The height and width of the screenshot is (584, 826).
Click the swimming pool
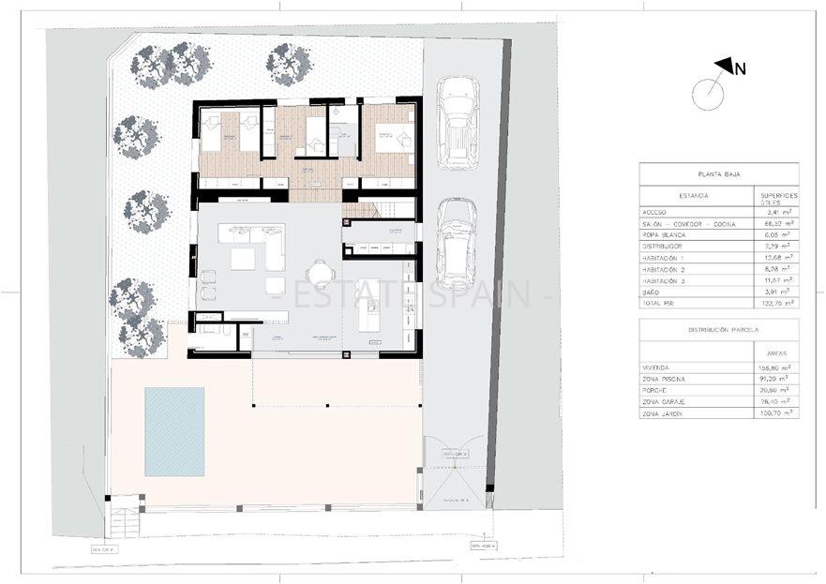pos(174,431)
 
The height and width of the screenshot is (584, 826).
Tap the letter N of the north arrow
pos(740,67)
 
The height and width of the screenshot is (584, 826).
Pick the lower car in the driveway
pos(457,243)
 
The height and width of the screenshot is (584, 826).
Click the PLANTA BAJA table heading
pos(719,174)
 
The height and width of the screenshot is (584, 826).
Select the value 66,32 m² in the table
pos(777,226)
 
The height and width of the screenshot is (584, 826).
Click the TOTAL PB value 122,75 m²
pos(777,304)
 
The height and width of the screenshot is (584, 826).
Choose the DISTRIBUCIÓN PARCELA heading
pos(719,330)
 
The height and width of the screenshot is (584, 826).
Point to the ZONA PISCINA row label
pos(664,379)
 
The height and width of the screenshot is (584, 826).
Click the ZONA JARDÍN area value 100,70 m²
pos(777,412)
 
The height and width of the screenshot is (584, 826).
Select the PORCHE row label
pos(654,390)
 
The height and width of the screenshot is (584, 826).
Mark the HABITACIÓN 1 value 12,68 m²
pos(777,257)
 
